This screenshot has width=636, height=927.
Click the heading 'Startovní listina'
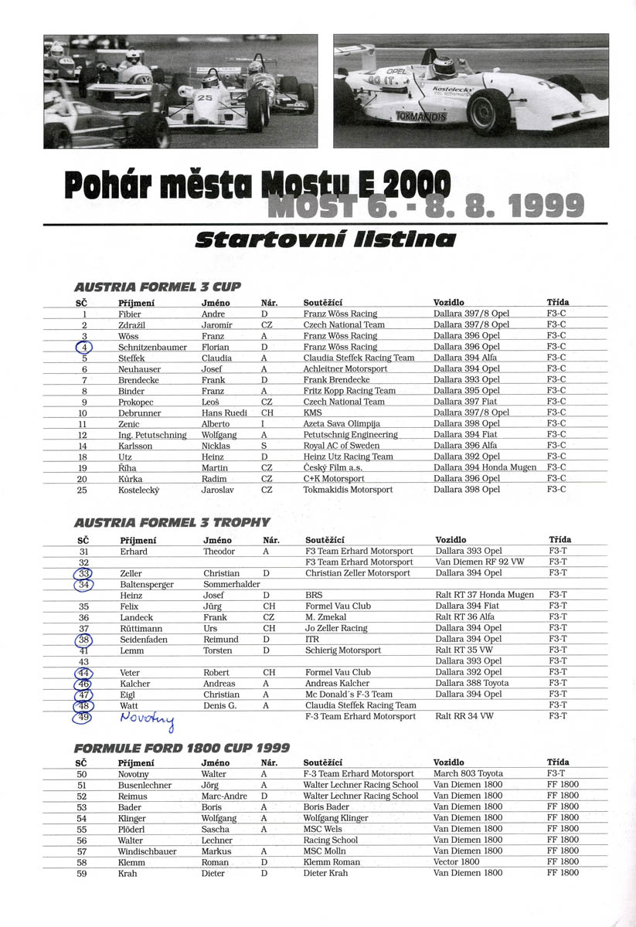[325, 239]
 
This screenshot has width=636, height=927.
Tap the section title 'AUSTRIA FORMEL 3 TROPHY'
[172, 523]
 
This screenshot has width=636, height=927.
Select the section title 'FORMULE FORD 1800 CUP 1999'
[182, 748]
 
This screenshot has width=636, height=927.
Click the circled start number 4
[83, 347]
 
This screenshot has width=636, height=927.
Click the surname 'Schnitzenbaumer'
[152, 347]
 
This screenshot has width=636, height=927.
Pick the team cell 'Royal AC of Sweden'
[341, 446]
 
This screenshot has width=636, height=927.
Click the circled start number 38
[83, 640]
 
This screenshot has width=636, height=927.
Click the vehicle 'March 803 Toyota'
[468, 774]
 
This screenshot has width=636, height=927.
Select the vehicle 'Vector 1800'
[456, 862]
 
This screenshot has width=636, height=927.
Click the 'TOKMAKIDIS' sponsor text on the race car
[420, 117]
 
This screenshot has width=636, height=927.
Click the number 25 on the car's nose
[205, 98]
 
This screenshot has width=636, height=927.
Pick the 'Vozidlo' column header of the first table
[448, 303]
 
